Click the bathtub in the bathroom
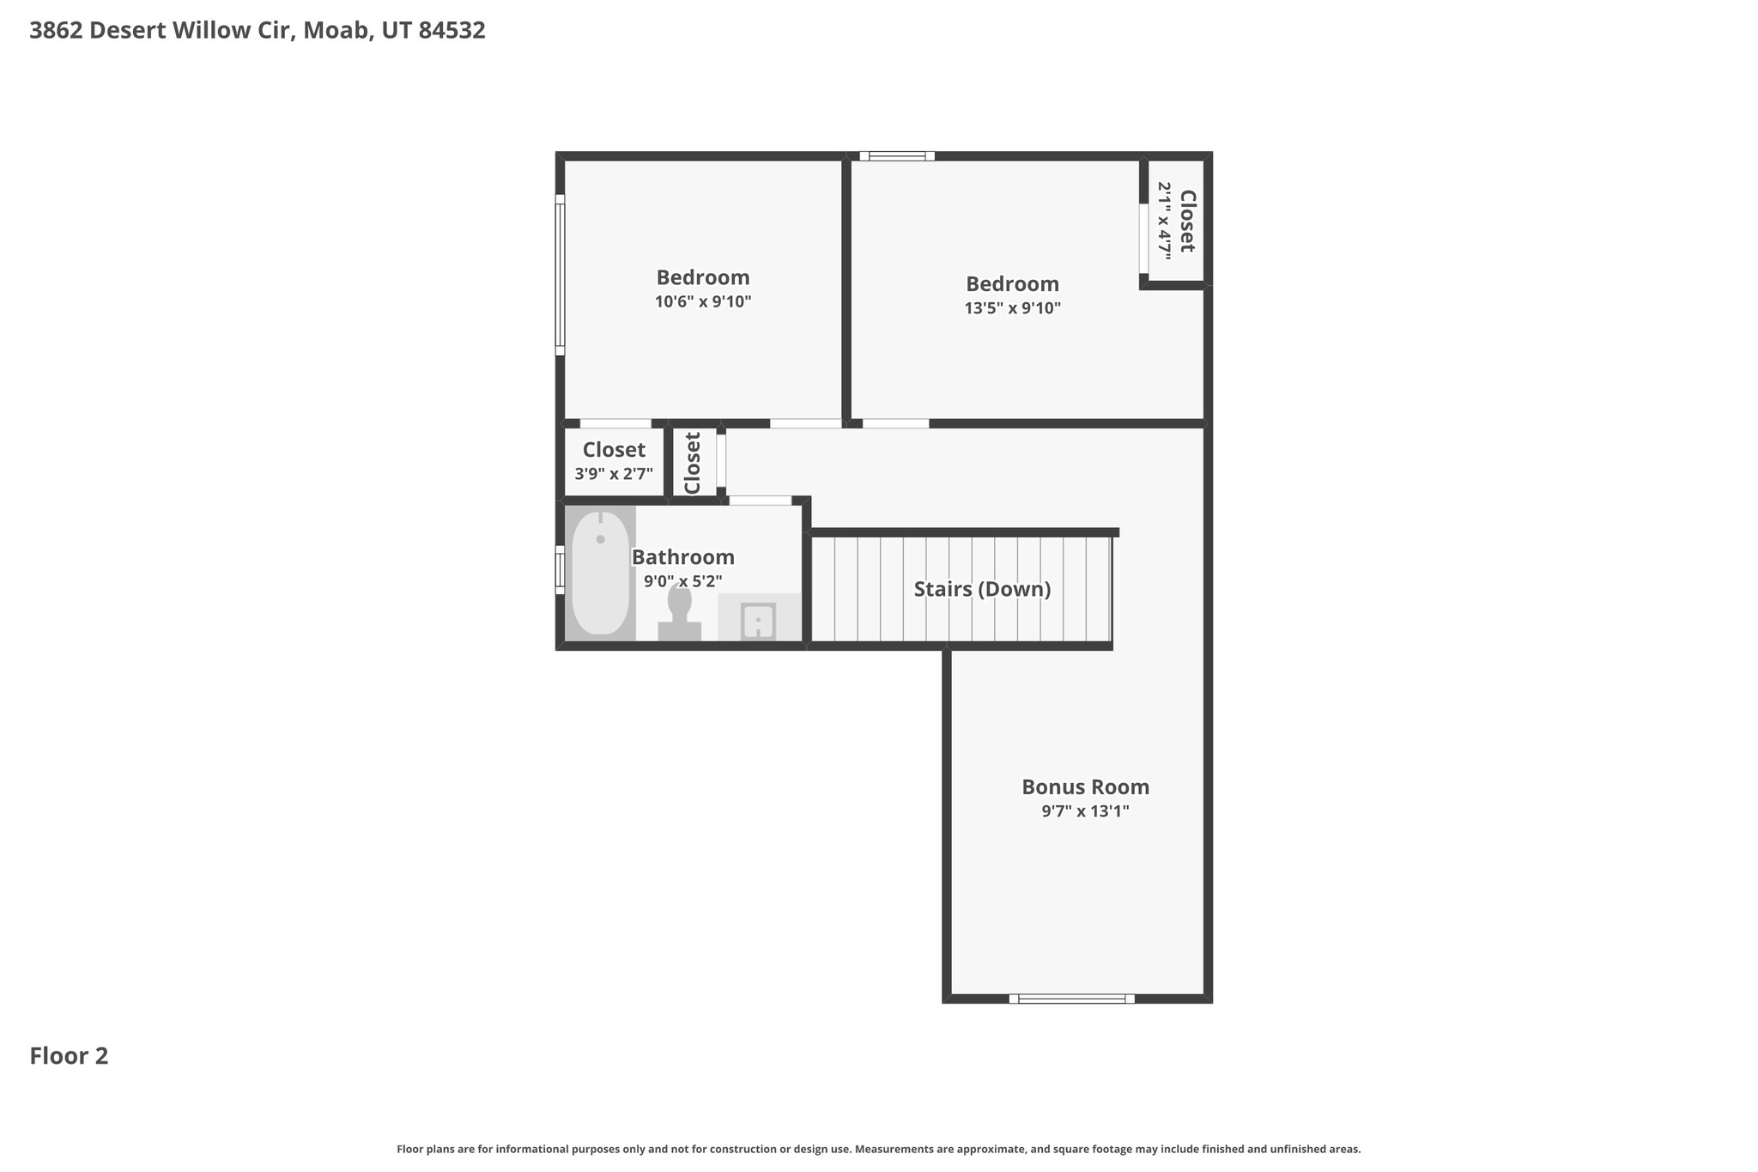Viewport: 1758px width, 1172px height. [600, 574]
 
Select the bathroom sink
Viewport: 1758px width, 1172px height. [758, 620]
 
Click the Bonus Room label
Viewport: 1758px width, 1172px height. [1085, 786]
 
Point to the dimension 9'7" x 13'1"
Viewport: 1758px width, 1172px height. [1085, 811]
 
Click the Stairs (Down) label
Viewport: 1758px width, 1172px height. [982, 589]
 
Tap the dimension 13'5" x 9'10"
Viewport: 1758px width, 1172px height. [1012, 308]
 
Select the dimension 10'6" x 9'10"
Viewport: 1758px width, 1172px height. [702, 302]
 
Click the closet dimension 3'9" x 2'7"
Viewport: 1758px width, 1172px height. [614, 474]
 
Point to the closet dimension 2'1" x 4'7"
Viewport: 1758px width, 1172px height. [1164, 221]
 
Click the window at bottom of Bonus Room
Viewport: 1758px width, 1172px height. [1071, 999]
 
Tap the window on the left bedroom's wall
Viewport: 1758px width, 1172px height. [560, 275]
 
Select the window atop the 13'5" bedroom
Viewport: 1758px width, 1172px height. [896, 156]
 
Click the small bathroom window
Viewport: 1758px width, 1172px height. [560, 569]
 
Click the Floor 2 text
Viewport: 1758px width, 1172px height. [69, 1056]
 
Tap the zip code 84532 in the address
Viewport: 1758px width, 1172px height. [452, 31]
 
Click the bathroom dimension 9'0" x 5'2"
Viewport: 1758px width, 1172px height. [682, 581]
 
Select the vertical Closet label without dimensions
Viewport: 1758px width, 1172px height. [693, 463]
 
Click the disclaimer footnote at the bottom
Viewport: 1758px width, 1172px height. [878, 1149]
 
